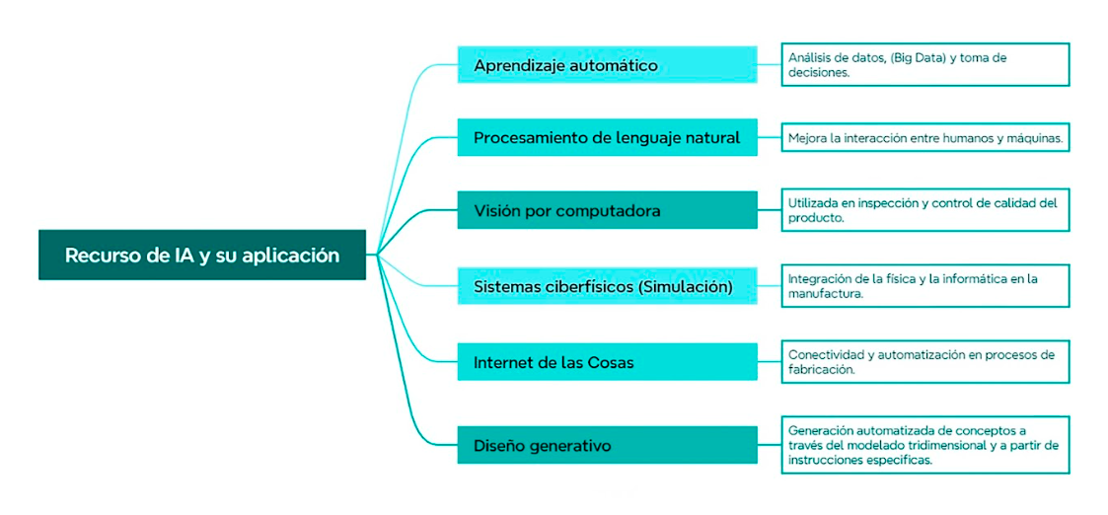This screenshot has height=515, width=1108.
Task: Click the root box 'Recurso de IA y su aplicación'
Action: pos(202,256)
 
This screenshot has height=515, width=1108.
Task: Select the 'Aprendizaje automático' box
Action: pos(607,65)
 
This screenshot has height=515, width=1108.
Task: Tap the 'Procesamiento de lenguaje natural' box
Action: pos(607,137)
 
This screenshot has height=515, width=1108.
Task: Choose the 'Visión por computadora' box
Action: pos(607,210)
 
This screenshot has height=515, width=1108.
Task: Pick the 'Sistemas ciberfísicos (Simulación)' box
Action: pos(607,286)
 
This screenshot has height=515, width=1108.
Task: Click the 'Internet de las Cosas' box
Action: pos(607,362)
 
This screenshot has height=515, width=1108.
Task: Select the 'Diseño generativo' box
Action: pos(607,445)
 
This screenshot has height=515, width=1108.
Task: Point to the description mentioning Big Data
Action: pos(924,64)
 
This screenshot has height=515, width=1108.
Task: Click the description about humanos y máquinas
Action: pos(924,138)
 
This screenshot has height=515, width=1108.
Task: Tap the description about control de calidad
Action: pos(924,209)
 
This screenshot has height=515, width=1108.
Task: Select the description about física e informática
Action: pos(924,286)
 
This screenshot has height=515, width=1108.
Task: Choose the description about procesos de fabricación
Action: pos(924,361)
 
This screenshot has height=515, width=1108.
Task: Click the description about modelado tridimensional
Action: pos(924,445)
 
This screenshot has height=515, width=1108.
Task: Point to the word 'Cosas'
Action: pos(609,362)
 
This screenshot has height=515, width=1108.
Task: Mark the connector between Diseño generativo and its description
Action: pos(770,445)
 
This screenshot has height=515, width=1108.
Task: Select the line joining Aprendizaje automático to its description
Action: pos(770,65)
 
